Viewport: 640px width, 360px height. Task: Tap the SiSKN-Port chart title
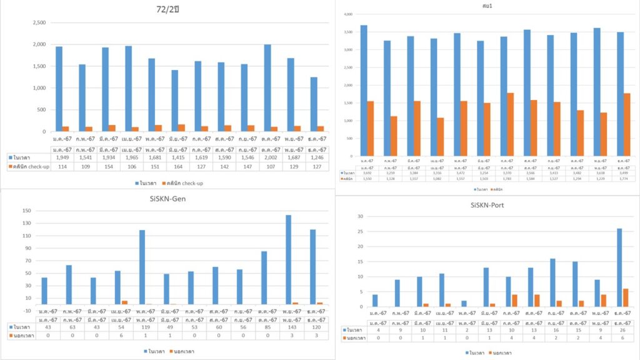pos(489,204)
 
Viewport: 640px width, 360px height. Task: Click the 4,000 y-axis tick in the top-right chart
pos(348,14)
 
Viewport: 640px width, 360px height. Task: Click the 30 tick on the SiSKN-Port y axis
pos(360,216)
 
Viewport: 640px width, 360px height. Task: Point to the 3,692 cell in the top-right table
pos(364,174)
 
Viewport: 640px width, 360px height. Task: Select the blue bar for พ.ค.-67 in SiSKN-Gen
pos(142,267)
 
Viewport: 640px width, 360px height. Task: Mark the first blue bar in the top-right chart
pos(363,91)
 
